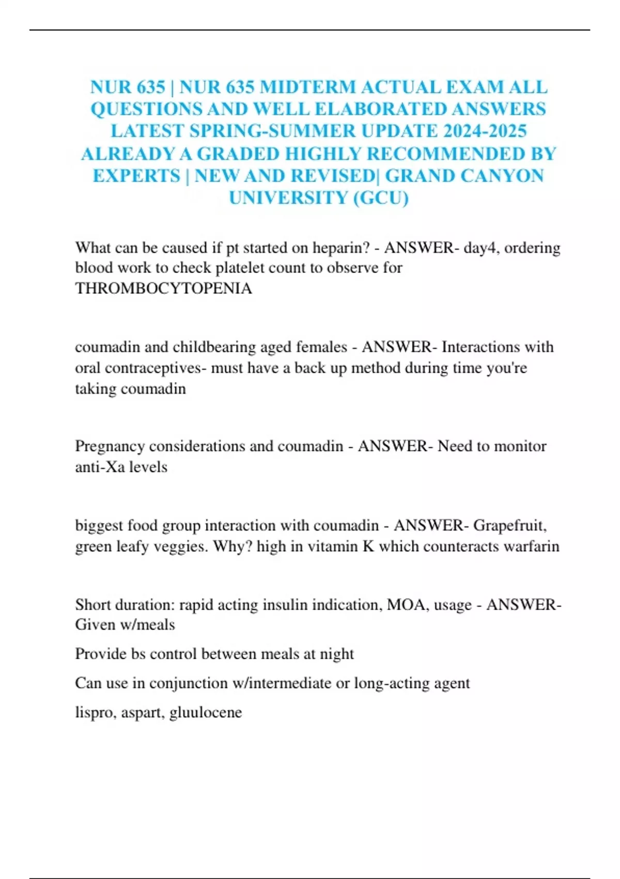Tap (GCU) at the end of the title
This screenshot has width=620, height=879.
(381, 198)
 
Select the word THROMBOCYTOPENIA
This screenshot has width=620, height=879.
(163, 288)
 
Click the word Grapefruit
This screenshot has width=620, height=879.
(509, 525)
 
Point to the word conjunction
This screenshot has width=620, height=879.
(189, 683)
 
